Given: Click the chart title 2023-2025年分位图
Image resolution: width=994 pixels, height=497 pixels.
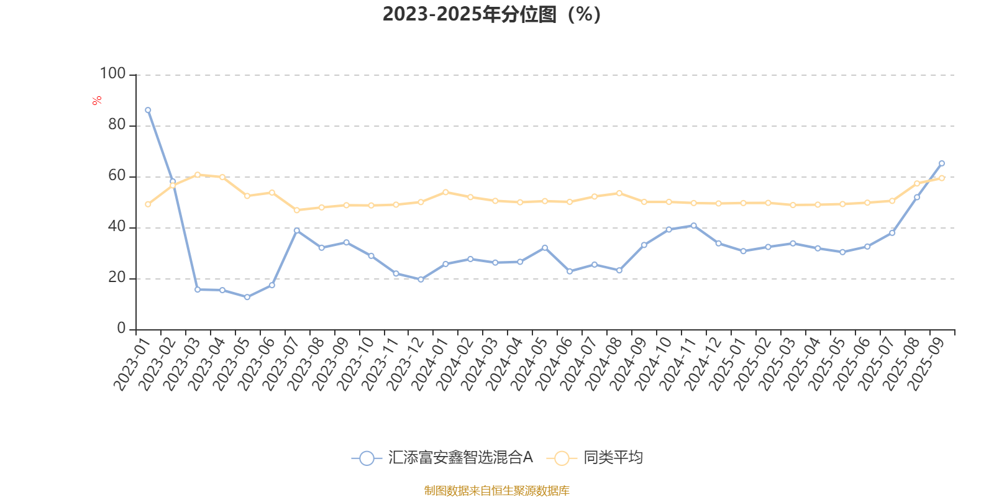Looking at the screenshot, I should coord(491,14).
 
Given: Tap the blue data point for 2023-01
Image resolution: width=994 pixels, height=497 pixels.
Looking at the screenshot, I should coord(148,110).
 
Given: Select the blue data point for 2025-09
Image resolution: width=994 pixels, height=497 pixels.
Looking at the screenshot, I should coord(942,163).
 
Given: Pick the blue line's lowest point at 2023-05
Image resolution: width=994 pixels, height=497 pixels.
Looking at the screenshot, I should coord(247,297).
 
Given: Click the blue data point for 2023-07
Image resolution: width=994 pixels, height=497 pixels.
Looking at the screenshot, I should coord(297,230).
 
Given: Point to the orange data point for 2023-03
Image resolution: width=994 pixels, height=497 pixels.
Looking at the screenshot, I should coord(198,175).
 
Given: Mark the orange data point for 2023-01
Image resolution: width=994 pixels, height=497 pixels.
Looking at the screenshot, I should coord(148,204).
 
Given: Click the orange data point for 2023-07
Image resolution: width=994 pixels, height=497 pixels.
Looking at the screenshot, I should coord(297,210).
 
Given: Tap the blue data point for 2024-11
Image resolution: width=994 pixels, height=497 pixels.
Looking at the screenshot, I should coord(694,226).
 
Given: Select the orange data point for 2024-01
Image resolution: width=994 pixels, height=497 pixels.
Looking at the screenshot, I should coord(445,192).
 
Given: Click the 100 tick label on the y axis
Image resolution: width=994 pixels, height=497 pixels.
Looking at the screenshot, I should coord(113,74).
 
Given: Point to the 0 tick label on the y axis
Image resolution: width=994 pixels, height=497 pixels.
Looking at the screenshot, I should coord(121,329).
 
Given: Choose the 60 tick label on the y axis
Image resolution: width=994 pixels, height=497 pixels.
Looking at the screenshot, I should coord(116,176).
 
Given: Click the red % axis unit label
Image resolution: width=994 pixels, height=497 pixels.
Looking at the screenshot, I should coord(97,101).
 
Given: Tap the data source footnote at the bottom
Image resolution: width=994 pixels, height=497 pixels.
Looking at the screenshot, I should coord(496,491).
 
